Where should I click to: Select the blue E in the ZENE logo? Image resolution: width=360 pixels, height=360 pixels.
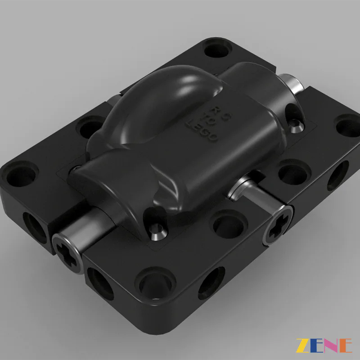coord(316,346)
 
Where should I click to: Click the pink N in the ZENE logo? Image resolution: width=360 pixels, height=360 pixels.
coord(331,346)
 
